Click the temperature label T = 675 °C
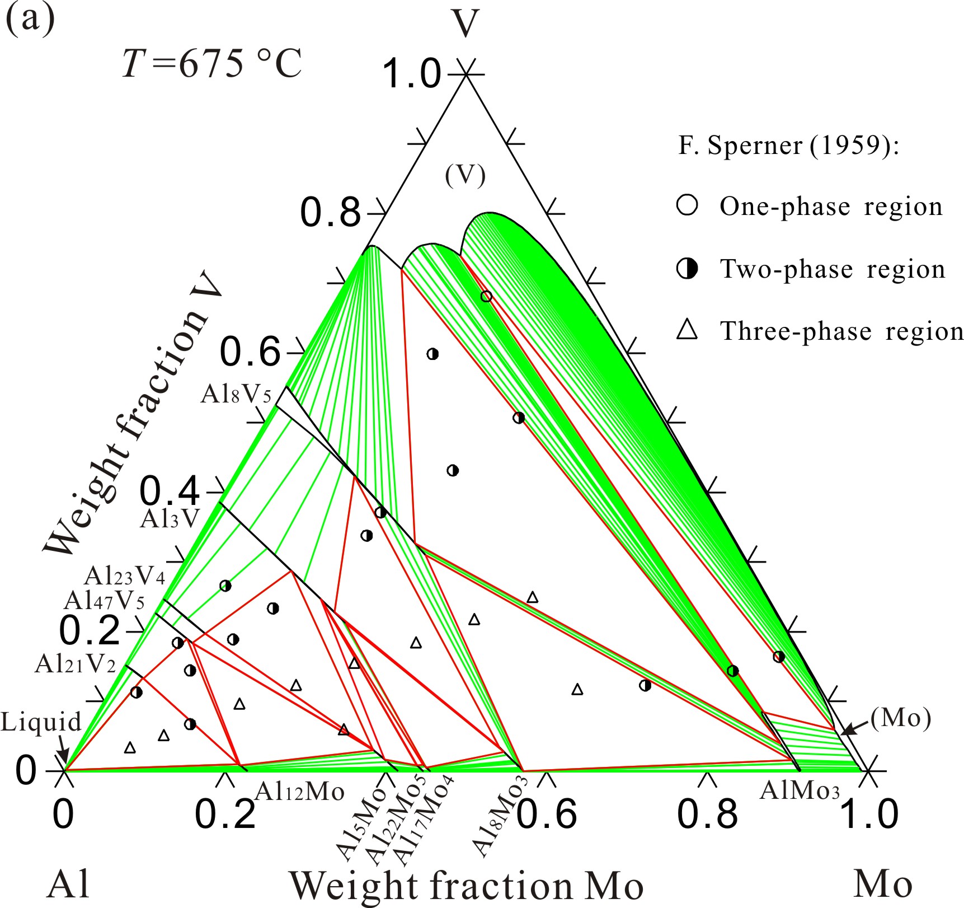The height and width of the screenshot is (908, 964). [212, 63]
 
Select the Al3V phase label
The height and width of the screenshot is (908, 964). [170, 518]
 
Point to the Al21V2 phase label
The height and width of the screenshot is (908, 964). [75, 664]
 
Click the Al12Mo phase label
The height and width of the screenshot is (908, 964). [299, 792]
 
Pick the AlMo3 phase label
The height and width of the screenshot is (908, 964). [800, 790]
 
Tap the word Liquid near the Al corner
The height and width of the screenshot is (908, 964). [41, 722]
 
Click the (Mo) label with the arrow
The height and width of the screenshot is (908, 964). [901, 718]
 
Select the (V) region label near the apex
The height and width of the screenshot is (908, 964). [465, 176]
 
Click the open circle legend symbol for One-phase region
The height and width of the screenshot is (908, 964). [687, 205]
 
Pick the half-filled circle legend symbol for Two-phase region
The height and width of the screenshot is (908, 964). [687, 269]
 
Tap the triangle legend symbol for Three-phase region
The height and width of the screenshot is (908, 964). [687, 330]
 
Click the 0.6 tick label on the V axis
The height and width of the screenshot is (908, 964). [250, 352]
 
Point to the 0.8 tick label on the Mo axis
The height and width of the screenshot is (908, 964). [707, 814]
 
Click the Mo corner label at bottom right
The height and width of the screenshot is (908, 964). [883, 884]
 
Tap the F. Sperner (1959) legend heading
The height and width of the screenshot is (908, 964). [788, 146]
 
